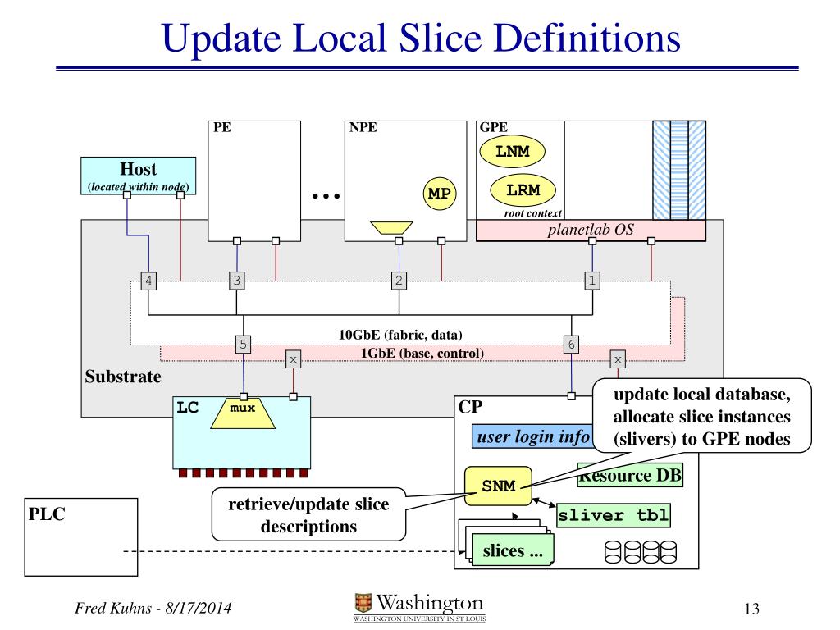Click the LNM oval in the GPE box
(x=511, y=152)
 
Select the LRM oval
(x=522, y=190)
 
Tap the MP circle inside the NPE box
(x=440, y=194)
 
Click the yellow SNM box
(x=498, y=486)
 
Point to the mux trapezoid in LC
(x=244, y=413)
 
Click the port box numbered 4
(x=148, y=281)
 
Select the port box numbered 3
(x=237, y=281)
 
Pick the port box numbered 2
(x=399, y=281)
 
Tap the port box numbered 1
(x=592, y=281)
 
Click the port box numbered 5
(x=243, y=344)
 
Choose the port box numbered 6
(x=571, y=345)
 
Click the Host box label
(x=138, y=170)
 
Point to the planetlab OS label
(x=591, y=230)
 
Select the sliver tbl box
(x=613, y=516)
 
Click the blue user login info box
(x=533, y=436)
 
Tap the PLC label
(x=47, y=514)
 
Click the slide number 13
(x=751, y=609)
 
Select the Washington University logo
(x=419, y=607)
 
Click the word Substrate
(x=123, y=377)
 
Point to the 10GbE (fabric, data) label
(x=400, y=335)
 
